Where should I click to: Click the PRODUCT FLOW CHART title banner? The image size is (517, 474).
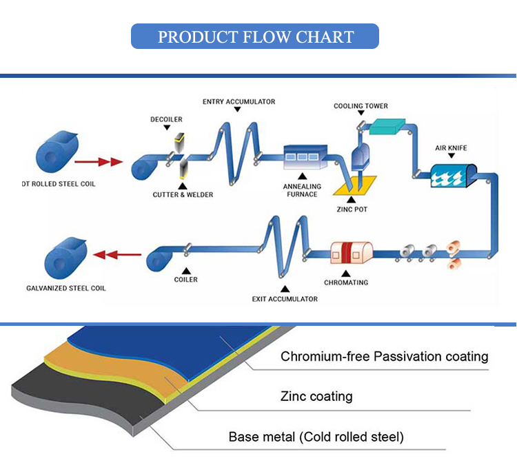tap(255, 37)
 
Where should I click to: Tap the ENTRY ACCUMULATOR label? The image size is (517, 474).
tap(239, 102)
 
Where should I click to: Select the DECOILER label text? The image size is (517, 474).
tap(166, 119)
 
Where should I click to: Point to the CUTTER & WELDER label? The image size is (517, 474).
tap(183, 195)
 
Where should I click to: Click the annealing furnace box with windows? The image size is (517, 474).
tap(305, 157)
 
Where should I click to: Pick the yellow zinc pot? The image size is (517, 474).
tap(355, 185)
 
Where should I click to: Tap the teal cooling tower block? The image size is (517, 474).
tap(387, 126)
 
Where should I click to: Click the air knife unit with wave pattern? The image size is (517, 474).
tap(454, 176)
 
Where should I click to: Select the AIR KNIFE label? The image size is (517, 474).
tap(451, 148)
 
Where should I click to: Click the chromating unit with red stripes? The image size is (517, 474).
tap(352, 253)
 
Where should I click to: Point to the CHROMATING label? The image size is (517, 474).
tap(346, 282)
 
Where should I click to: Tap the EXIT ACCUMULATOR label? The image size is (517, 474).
tap(285, 299)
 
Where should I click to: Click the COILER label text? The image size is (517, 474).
tap(186, 280)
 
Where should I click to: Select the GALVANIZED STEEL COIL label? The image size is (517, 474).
tap(66, 288)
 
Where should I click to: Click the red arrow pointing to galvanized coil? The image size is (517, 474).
tap(117, 255)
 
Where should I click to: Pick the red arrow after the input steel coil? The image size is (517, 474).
tap(99, 162)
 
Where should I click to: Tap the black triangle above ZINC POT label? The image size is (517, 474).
tap(351, 199)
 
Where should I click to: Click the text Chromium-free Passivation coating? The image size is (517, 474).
tap(385, 356)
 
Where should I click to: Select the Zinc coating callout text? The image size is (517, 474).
tap(316, 396)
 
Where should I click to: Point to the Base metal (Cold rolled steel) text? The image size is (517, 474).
tap(316, 437)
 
